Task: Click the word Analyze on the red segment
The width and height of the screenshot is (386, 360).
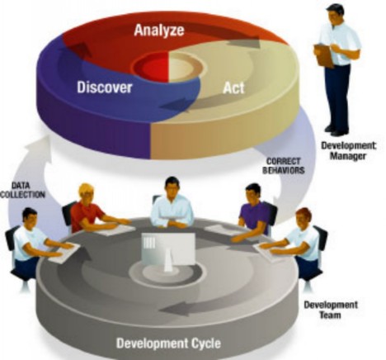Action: pos(159,31)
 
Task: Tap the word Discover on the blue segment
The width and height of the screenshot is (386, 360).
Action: pos(105,88)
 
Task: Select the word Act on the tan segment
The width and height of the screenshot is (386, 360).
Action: pos(233,88)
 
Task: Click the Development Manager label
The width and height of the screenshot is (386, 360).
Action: pos(348,150)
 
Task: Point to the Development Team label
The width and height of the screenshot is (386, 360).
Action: pos(331,310)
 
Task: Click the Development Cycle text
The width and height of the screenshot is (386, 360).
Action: pos(168,343)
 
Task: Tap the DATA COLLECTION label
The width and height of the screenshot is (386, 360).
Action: pos(22,190)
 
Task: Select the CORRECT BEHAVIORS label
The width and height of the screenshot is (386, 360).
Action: pos(284,166)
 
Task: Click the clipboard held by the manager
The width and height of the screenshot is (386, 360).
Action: pos(323,55)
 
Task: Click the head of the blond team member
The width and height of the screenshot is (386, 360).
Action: pos(86,193)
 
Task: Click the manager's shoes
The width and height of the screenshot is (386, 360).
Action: pos(335,130)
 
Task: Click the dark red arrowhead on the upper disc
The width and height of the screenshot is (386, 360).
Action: pos(80,50)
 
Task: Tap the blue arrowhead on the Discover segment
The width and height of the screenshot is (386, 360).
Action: pos(172,105)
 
